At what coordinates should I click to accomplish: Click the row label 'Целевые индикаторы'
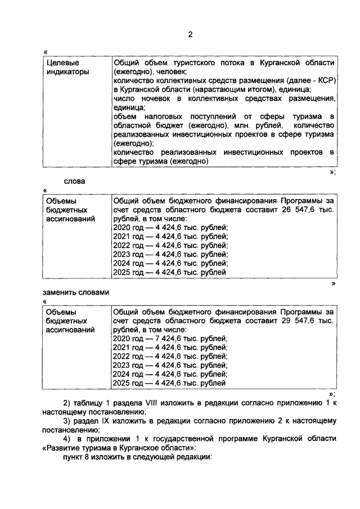coord(66,67)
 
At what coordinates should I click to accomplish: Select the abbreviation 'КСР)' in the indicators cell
coord(326,81)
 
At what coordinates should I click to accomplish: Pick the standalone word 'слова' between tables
coord(74,181)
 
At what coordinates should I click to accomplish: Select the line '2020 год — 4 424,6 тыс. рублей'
coord(170,227)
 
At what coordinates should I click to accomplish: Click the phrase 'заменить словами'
coord(74,292)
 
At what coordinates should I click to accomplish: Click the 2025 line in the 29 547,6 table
coord(169,384)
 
